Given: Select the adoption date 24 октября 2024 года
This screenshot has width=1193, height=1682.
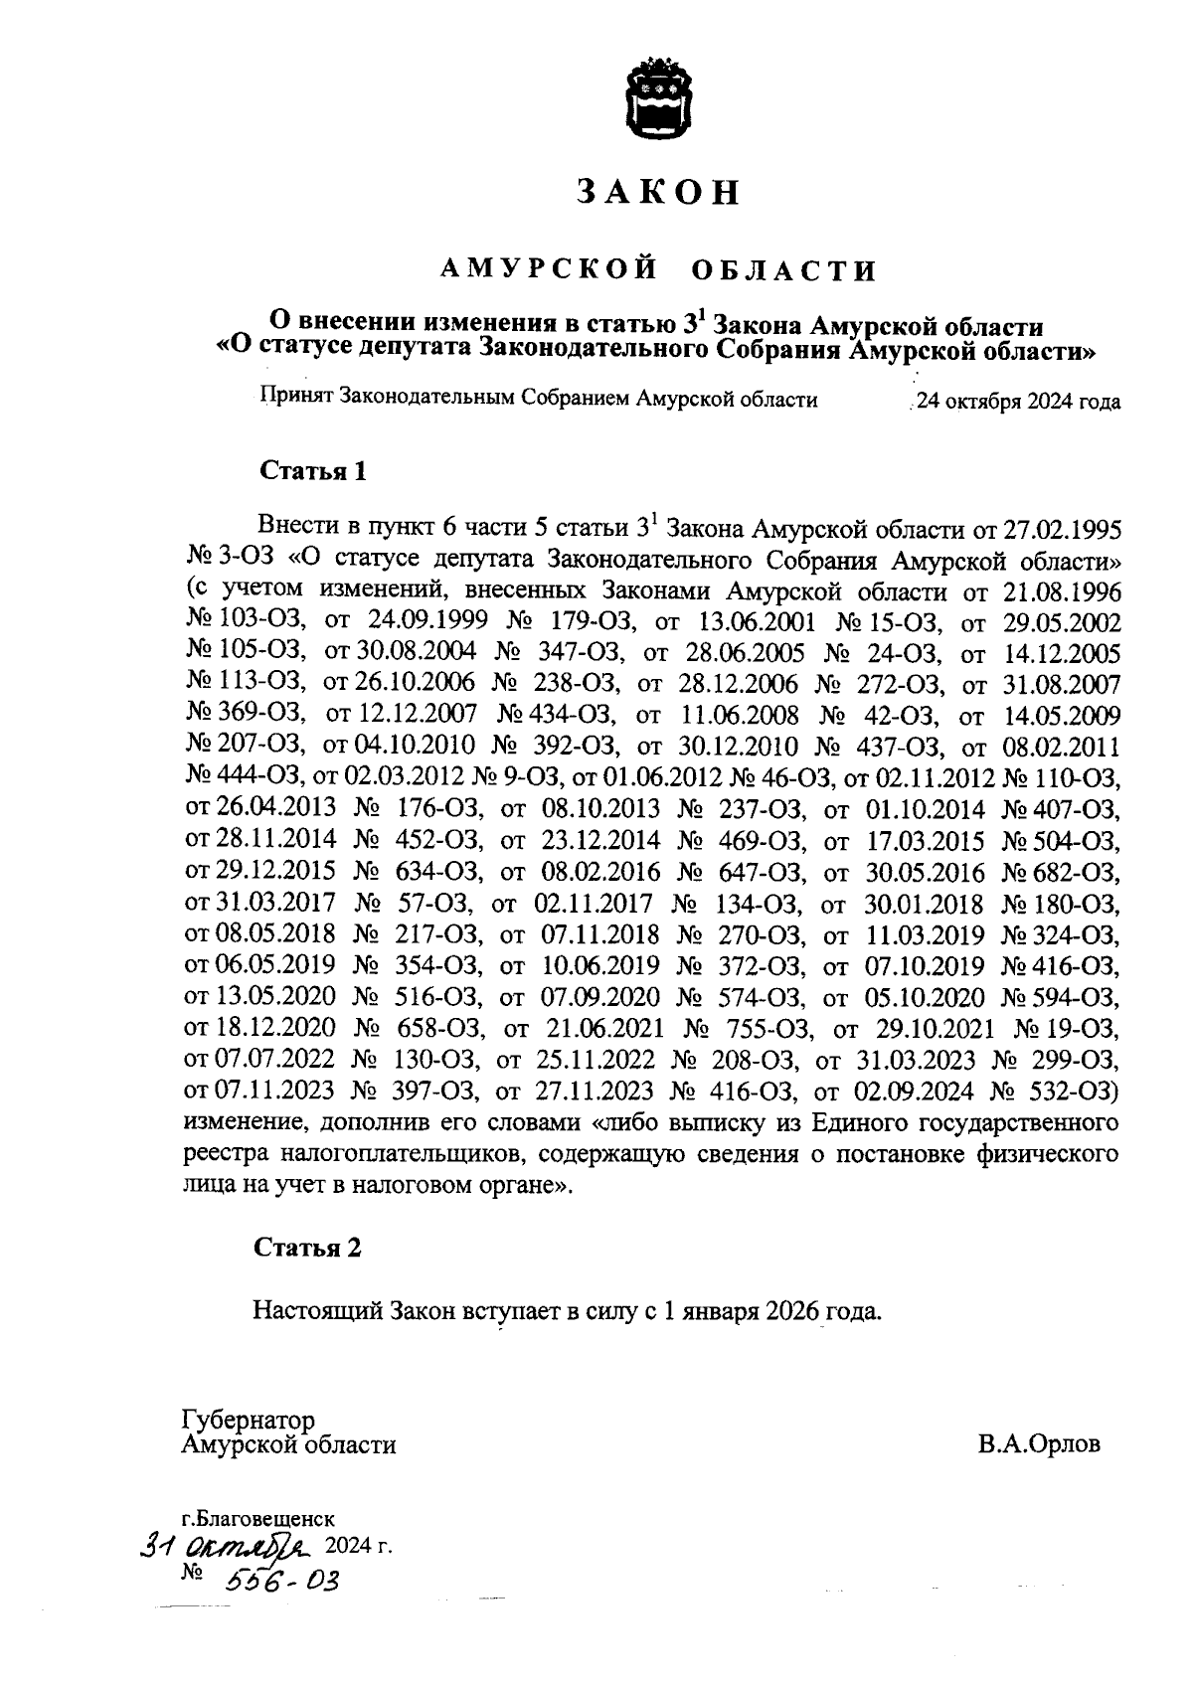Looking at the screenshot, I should click(x=1019, y=403).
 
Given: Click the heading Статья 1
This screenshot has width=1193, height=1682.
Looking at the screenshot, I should click(x=313, y=471).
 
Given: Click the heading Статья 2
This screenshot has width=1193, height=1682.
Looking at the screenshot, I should click(x=307, y=1248).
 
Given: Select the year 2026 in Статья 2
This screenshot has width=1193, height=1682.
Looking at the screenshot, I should click(x=792, y=1310).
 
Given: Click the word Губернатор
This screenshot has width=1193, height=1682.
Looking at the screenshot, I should click(x=248, y=1420).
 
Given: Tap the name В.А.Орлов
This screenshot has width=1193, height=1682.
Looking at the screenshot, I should click(x=1039, y=1444).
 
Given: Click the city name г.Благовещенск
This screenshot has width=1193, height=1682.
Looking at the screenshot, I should click(x=258, y=1519).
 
